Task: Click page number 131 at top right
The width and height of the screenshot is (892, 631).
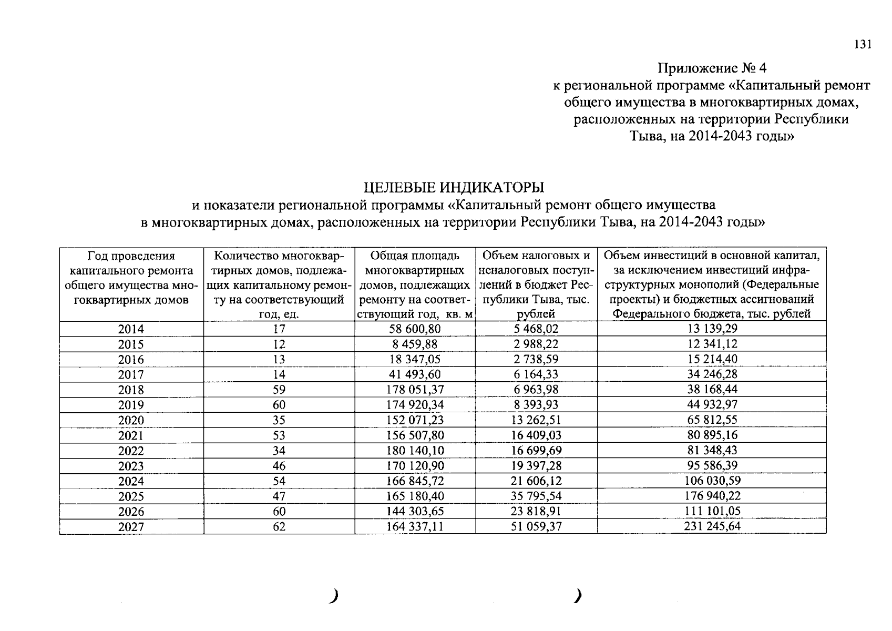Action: click(863, 45)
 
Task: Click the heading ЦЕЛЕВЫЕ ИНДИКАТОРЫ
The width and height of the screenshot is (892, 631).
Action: click(454, 187)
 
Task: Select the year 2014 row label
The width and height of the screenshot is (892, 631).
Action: click(131, 329)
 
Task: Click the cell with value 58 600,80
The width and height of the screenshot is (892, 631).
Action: click(414, 329)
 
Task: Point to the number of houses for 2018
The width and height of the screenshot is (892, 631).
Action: click(279, 390)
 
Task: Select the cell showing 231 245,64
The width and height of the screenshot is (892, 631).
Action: click(712, 526)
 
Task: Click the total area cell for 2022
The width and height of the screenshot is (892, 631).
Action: click(414, 451)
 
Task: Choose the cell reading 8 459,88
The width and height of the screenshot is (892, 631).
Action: click(414, 344)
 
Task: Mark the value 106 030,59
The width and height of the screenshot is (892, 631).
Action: click(712, 481)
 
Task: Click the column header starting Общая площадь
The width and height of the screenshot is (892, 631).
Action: click(415, 284)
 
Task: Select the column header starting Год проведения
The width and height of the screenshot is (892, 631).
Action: click(131, 278)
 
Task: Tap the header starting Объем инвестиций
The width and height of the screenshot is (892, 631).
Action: click(712, 284)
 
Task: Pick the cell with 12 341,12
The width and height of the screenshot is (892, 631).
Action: click(712, 344)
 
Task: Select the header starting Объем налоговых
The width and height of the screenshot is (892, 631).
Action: click(536, 284)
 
